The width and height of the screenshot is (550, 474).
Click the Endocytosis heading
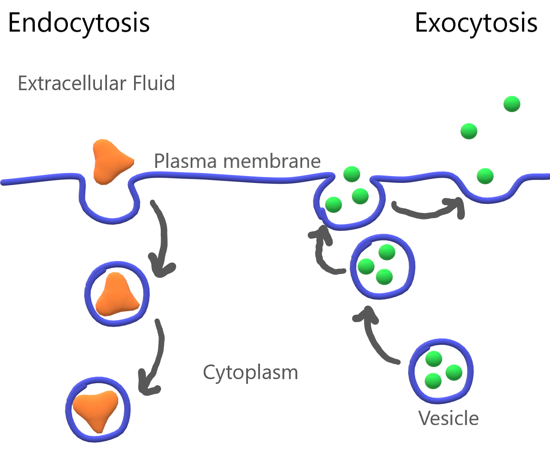click(x=79, y=23)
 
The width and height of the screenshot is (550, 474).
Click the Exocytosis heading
click(x=476, y=23)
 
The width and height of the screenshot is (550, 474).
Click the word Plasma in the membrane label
click(x=185, y=161)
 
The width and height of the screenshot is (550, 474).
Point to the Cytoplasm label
click(x=250, y=373)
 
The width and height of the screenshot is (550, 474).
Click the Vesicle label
click(x=448, y=418)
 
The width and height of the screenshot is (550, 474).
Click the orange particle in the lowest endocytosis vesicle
click(x=95, y=410)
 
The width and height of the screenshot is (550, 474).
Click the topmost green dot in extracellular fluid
click(x=512, y=104)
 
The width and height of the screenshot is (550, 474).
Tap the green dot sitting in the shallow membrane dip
click(x=485, y=176)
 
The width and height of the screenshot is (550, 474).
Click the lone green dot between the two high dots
click(x=469, y=131)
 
